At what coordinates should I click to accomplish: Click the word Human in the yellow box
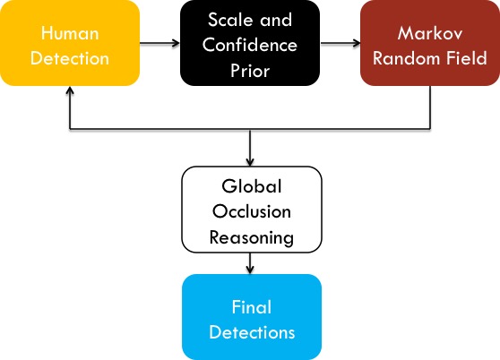pyautogui.click(x=70, y=33)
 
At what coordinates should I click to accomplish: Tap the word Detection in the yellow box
pyautogui.click(x=70, y=58)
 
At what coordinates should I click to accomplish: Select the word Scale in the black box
pyautogui.click(x=230, y=20)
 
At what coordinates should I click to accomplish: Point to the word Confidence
pyautogui.click(x=250, y=45)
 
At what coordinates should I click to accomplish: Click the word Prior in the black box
pyautogui.click(x=250, y=71)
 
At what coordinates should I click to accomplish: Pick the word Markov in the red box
pyautogui.click(x=430, y=33)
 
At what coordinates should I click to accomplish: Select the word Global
pyautogui.click(x=252, y=186)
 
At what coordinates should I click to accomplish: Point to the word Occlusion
pyautogui.click(x=252, y=211)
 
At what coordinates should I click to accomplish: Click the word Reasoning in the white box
pyautogui.click(x=252, y=237)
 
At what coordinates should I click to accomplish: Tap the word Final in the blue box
pyautogui.click(x=252, y=307)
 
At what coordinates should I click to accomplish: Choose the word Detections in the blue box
pyautogui.click(x=252, y=332)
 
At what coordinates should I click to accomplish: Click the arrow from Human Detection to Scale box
pyautogui.click(x=159, y=43)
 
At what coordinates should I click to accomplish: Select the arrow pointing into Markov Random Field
pyautogui.click(x=340, y=43)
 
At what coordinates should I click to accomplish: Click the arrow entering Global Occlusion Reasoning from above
pyautogui.click(x=250, y=148)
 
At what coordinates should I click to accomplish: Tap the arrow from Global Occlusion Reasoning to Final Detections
pyautogui.click(x=250, y=263)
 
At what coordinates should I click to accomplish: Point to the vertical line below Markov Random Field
pyautogui.click(x=430, y=107)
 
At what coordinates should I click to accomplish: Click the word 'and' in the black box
pyautogui.click(x=276, y=20)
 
